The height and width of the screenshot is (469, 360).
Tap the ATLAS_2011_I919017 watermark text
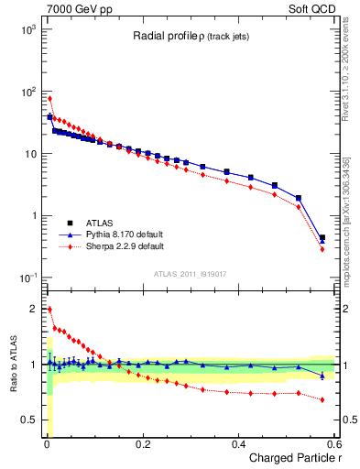pos(190,273)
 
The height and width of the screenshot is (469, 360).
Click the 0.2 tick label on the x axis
pos(142,443)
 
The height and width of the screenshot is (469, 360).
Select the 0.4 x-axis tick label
pos(238,443)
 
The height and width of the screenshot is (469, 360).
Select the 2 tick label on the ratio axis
pos(33,309)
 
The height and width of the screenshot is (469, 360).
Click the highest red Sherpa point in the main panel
pos(49,98)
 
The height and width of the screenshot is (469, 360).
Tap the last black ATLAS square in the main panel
pos(322,237)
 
